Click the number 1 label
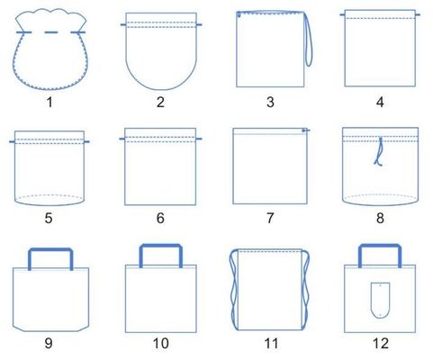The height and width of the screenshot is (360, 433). coord(50,102)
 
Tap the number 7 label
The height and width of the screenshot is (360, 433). coord(270,217)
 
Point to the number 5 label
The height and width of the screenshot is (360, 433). coord(50,217)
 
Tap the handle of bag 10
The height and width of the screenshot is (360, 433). coord(160,255)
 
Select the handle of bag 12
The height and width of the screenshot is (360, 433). coord(379,255)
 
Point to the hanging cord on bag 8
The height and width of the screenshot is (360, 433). coord(379,152)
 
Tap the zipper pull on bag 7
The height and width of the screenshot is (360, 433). coord(305,131)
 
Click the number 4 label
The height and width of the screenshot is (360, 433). coord(379,102)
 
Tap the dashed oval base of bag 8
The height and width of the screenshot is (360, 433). coord(379,197)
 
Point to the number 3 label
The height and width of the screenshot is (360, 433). coord(270,102)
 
